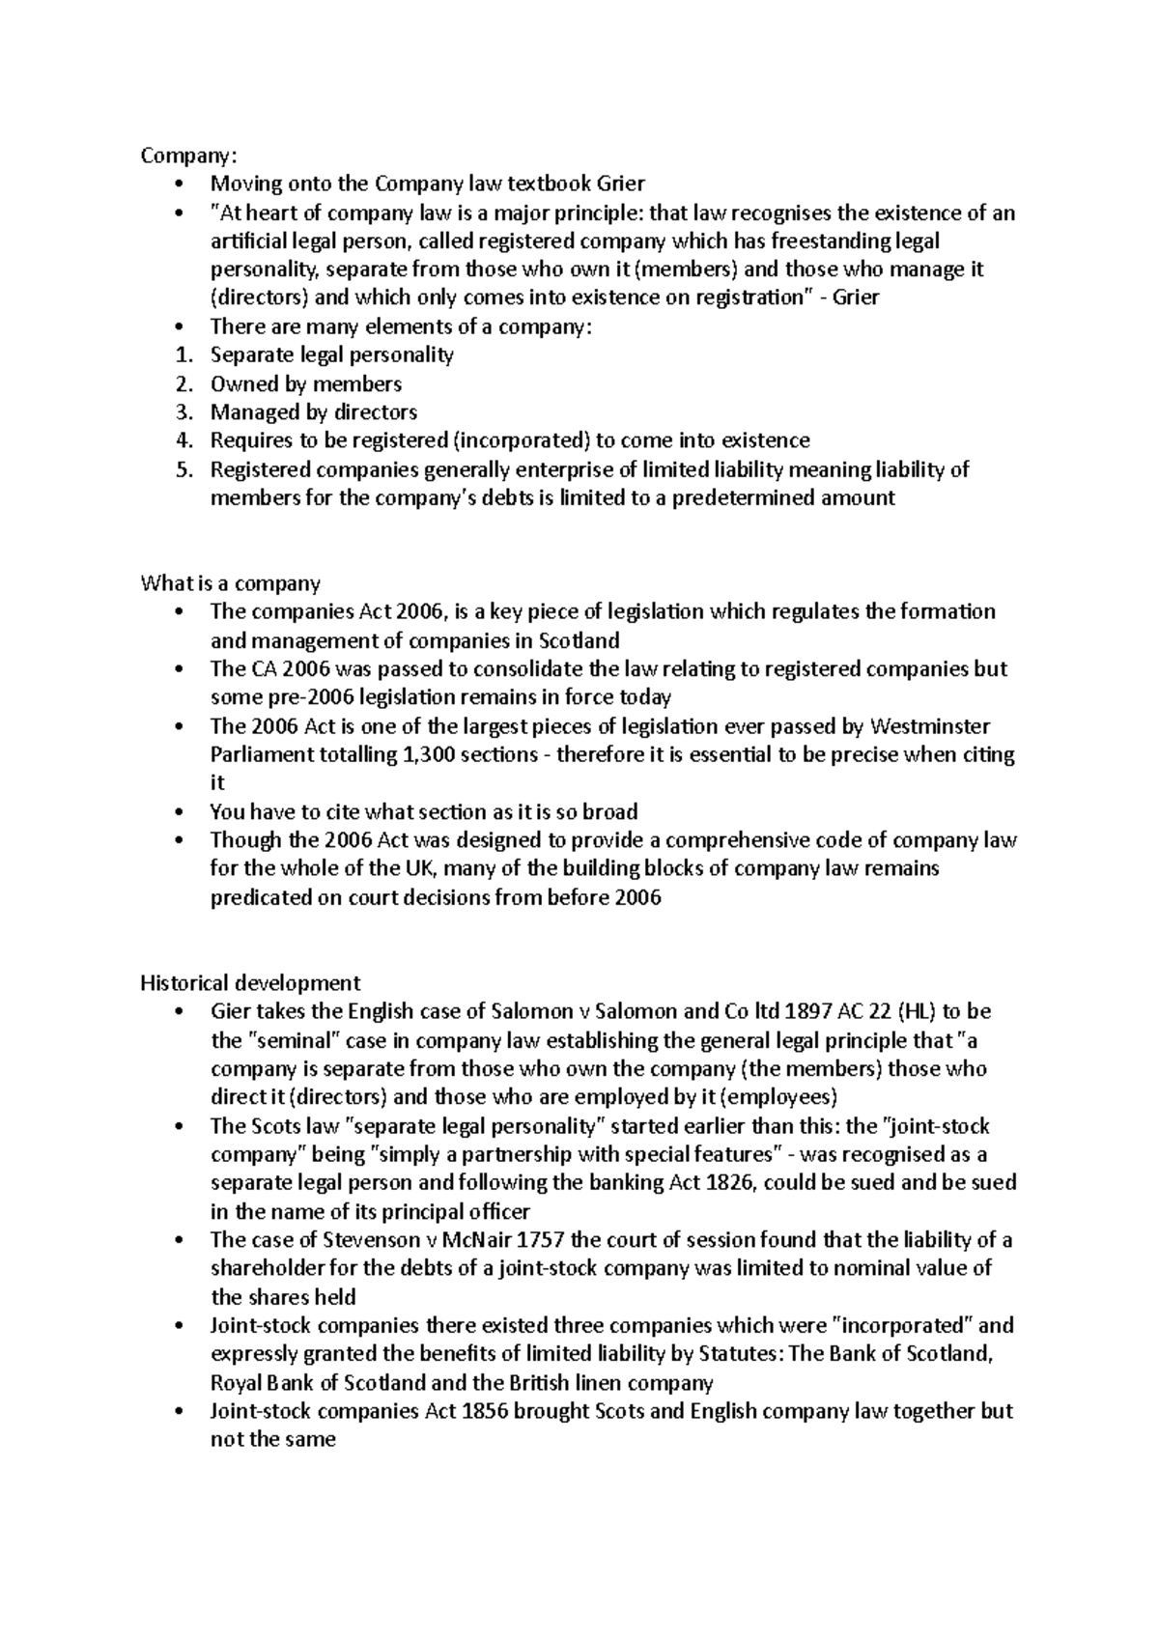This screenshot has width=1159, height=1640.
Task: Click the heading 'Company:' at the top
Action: (x=187, y=156)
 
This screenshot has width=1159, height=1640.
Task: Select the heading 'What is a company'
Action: (x=230, y=583)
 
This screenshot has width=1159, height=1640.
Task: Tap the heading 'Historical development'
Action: (x=250, y=983)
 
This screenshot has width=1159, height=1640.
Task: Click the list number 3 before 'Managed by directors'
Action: (x=184, y=412)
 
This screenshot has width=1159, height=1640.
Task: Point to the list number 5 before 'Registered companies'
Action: (x=184, y=469)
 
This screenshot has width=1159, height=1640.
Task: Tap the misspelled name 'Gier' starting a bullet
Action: (x=230, y=1012)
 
